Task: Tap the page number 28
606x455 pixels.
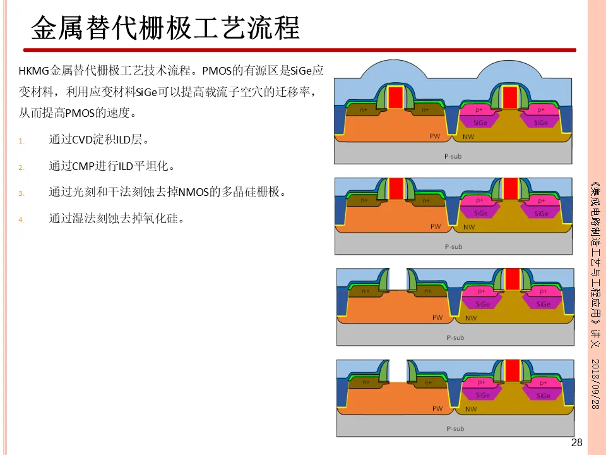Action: coord(576,442)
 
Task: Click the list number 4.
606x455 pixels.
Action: coord(21,220)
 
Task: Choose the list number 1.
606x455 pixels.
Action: coord(21,141)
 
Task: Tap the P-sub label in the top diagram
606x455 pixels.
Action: coord(453,155)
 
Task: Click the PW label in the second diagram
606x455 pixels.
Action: coord(436,226)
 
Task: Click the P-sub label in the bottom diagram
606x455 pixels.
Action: coord(455,428)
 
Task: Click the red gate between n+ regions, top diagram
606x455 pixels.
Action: coord(396,97)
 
